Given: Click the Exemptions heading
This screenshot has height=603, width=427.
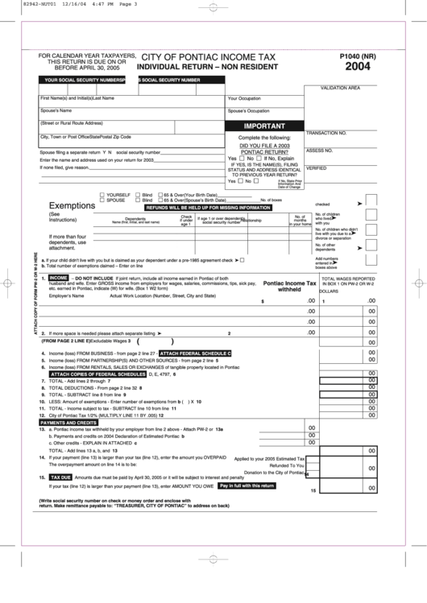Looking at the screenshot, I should pos(73,205).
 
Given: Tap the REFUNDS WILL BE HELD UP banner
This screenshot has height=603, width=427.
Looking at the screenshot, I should pos(208,208).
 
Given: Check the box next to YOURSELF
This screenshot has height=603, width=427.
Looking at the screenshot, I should pos(102,195).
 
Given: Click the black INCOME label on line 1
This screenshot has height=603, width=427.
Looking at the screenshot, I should pos(59,278).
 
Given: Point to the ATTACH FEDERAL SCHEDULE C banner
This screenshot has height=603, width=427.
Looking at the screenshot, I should pos(195,353).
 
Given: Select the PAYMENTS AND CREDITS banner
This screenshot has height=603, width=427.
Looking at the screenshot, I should pos(68,423).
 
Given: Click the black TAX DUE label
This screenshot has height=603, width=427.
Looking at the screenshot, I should pos(61,477).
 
